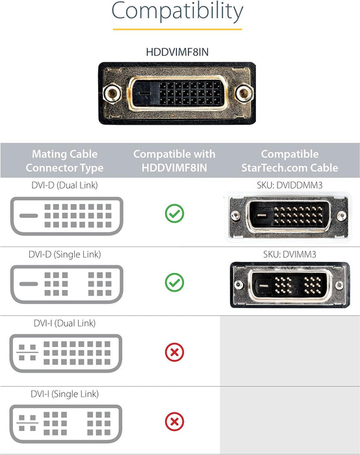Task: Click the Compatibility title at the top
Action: pos(177,12)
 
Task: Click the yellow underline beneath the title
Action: pos(177,29)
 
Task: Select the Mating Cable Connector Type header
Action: pos(65,161)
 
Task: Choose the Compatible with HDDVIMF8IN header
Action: pos(175,161)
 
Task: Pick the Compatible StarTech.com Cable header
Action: pos(290,161)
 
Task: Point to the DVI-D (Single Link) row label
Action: pos(66,253)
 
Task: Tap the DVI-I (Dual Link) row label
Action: pos(65,323)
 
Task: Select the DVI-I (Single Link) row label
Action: pos(65,393)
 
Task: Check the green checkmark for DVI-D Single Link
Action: pos(175,282)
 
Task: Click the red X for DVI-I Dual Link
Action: pos(175,352)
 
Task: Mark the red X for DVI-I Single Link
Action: pos(175,422)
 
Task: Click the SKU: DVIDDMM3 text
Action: pos(290,185)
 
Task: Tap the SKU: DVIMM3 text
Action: pos(290,254)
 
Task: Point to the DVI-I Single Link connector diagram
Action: pos(65,424)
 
